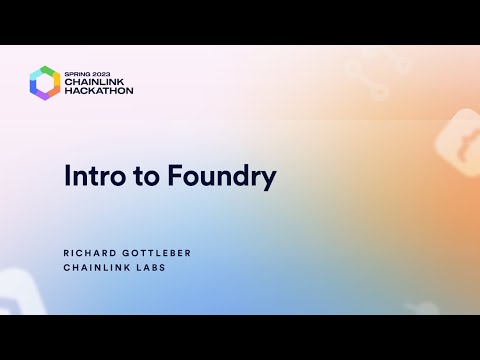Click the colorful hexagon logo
point(45,82)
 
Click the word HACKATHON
point(99,91)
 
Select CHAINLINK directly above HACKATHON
point(97,81)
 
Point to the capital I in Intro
point(67,176)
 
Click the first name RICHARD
point(91,253)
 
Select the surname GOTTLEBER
point(157,253)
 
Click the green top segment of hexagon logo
point(45,68)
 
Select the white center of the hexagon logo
point(45,82)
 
